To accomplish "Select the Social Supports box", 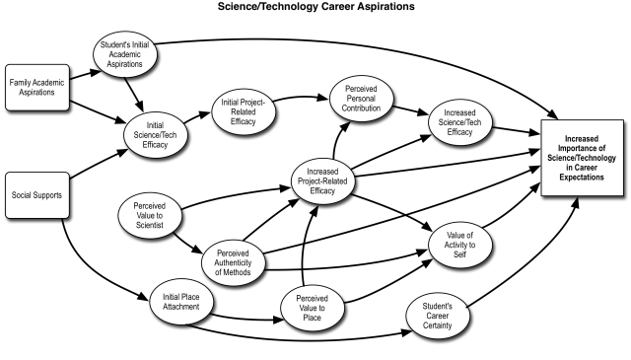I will tap(36, 194).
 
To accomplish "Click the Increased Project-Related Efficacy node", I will tap(323, 178).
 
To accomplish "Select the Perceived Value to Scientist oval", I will tap(156, 218).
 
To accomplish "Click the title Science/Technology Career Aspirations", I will tap(315, 7).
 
